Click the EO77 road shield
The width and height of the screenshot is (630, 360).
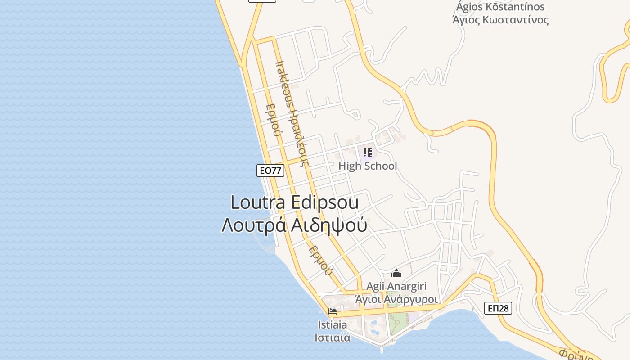[270, 171]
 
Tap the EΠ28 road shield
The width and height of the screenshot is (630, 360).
[498, 308]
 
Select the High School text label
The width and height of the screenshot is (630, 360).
[368, 166]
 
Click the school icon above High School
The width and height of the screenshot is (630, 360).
[367, 153]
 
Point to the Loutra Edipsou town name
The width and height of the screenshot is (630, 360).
[294, 202]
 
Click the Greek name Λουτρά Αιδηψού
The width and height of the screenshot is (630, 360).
[294, 225]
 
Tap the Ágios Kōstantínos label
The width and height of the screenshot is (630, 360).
[500, 7]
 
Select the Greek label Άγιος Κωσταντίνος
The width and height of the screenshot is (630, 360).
[500, 20]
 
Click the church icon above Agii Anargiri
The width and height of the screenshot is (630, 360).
[396, 273]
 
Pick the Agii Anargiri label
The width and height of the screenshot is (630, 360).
[396, 286]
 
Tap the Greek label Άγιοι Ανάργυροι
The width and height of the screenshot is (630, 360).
[396, 299]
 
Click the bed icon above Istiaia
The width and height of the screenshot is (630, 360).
[333, 311]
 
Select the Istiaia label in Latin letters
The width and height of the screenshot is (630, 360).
[333, 324]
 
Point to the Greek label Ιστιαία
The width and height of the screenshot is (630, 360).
[333, 337]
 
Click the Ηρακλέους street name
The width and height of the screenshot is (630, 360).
[298, 139]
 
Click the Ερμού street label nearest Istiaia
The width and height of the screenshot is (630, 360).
[321, 261]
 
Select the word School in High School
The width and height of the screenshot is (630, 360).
[380, 166]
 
